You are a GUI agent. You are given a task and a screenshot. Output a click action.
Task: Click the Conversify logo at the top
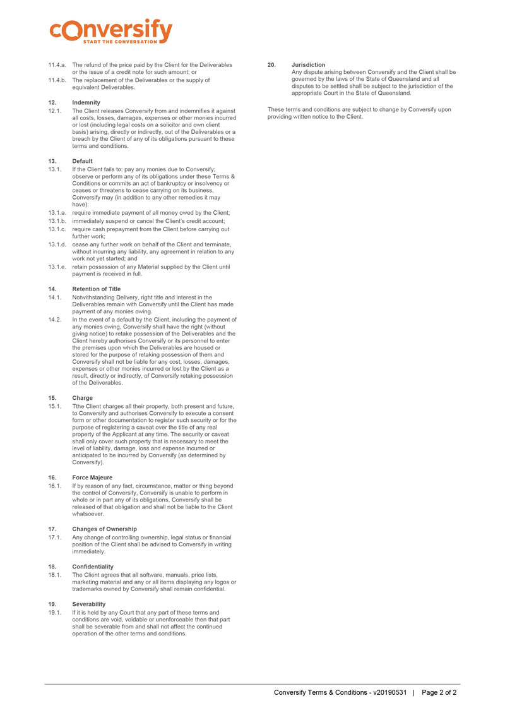pos(110,30)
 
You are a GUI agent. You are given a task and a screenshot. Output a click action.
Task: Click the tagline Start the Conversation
pos(120,42)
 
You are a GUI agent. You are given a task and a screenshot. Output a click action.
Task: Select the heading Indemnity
pos(86,102)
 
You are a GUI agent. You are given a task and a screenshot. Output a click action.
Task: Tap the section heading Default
pos(82,161)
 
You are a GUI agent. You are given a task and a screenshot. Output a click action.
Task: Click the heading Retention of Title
pos(96,289)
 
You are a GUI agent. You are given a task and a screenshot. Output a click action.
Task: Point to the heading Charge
pos(82,398)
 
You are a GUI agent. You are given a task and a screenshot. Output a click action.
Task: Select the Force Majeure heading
pos(93,478)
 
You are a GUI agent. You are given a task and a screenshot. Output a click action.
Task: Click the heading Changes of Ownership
pos(104,529)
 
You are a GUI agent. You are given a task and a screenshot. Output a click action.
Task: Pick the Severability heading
pos(90,604)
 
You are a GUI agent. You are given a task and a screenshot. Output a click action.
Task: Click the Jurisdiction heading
pos(309,64)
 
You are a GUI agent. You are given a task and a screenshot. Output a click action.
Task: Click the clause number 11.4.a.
pos(57,64)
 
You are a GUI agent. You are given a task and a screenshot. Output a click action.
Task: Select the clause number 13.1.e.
pos(57,267)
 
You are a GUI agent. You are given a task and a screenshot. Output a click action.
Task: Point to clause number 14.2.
pos(54,320)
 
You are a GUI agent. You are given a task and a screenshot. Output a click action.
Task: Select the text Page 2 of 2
pos(439,692)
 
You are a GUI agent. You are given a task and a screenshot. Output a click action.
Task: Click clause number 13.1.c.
pos(57,229)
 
